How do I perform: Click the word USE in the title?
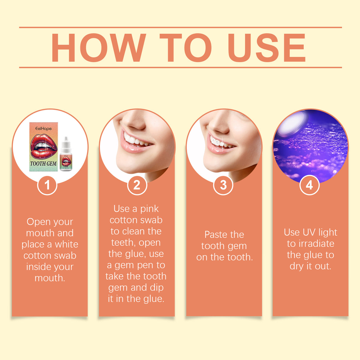point(267,48)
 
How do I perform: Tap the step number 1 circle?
point(47,185)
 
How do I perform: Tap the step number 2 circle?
point(137,185)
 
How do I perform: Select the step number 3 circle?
point(223,185)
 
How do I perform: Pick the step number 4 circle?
point(309,185)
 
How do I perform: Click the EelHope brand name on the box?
point(44,128)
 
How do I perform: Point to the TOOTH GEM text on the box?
point(43,163)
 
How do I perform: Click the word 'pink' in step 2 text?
point(149,209)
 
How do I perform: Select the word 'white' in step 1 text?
point(66,244)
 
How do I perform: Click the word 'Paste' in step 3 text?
point(216,235)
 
